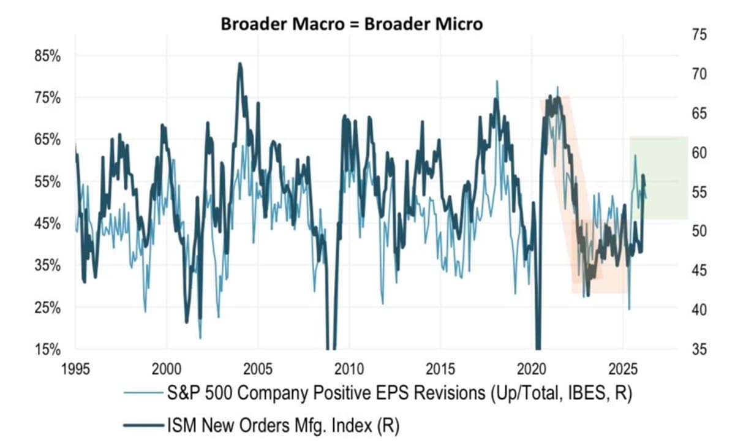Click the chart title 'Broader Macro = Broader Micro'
tap(352, 24)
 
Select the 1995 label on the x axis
tap(76, 370)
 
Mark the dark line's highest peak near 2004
tap(239, 64)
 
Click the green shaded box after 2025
tap(658, 178)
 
